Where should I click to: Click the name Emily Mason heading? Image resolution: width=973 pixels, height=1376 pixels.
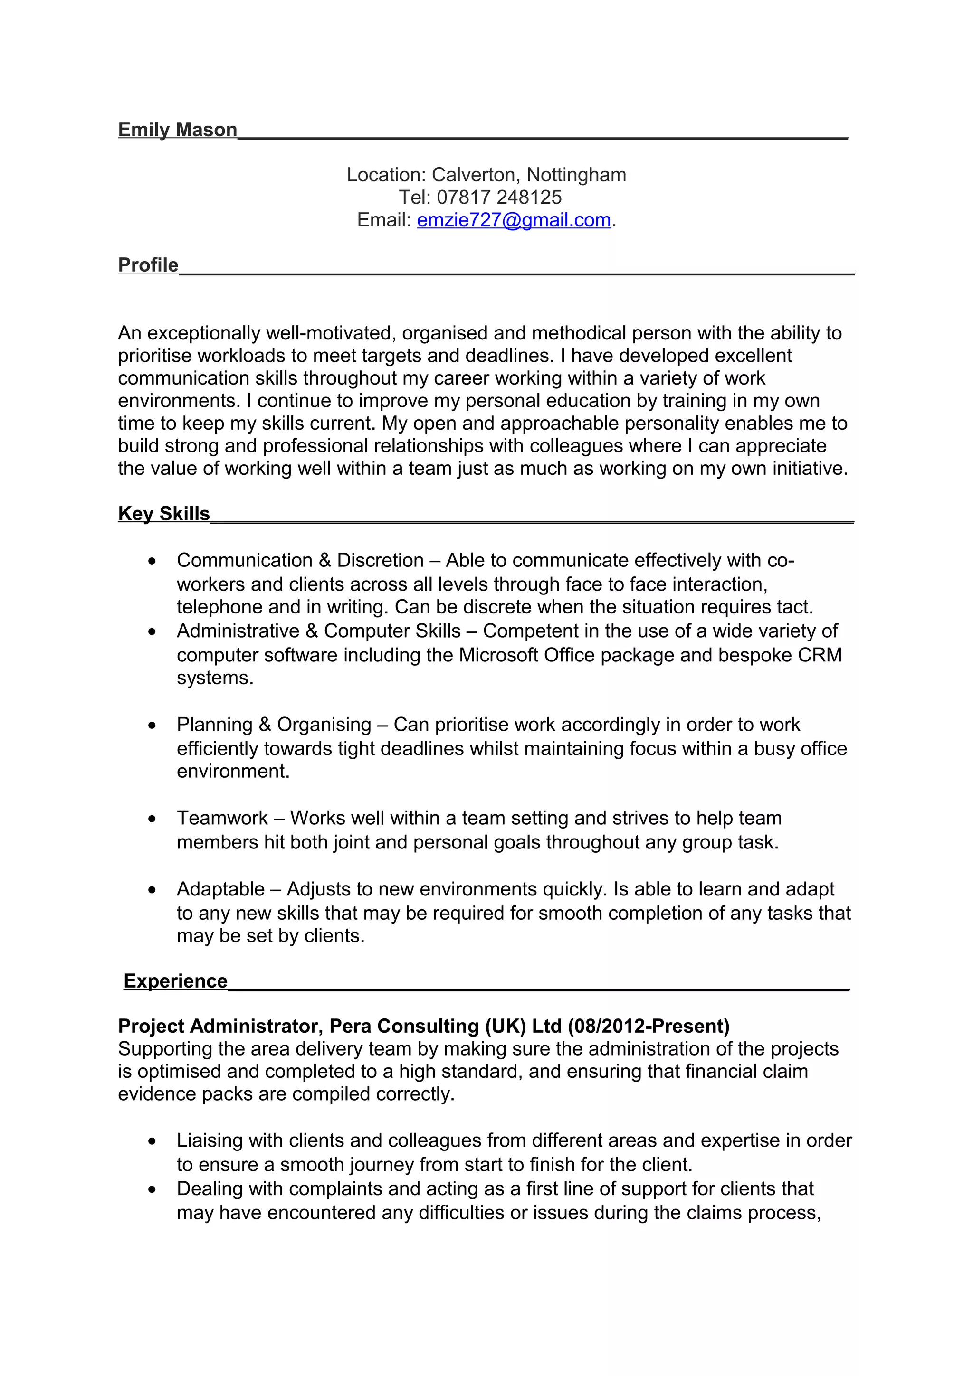[178, 130]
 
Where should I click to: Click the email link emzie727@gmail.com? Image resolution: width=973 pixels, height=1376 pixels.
[514, 220]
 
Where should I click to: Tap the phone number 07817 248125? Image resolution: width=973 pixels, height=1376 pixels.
[499, 197]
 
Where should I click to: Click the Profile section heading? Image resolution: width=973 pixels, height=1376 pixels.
[148, 265]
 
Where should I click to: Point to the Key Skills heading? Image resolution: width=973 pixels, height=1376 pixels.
[163, 514]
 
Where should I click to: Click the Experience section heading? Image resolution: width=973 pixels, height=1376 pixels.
[175, 980]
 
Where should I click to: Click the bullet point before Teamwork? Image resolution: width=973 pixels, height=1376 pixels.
[153, 819]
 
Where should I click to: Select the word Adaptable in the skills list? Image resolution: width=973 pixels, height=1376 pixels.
[220, 889]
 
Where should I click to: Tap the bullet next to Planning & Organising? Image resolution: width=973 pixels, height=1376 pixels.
[153, 725]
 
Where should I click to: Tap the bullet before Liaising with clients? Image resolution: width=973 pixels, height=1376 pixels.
[153, 1141]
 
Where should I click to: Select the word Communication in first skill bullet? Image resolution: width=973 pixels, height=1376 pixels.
[245, 560]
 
